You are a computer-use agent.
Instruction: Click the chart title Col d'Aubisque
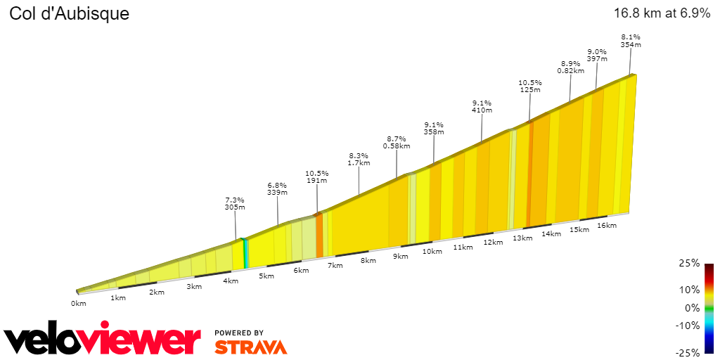[x=69, y=13]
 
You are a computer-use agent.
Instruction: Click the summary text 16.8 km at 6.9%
[x=662, y=13]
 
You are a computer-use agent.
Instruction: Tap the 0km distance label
[x=78, y=303]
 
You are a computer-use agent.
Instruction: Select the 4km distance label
[x=231, y=281]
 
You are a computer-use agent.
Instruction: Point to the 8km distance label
[x=368, y=260]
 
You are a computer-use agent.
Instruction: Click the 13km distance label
[x=522, y=238]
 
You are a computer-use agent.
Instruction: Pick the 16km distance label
[x=606, y=225]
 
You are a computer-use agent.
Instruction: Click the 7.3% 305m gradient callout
[x=235, y=203]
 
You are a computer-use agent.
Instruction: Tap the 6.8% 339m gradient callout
[x=277, y=189]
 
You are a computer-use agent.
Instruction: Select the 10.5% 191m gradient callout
[x=316, y=176]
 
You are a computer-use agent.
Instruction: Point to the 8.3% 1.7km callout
[x=359, y=159]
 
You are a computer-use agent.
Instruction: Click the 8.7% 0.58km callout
[x=396, y=142]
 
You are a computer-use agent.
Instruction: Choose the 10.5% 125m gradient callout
[x=529, y=86]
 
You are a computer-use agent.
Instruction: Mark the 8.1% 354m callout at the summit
[x=630, y=41]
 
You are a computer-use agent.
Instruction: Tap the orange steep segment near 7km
[x=319, y=236]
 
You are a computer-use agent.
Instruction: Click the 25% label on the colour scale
[x=690, y=263]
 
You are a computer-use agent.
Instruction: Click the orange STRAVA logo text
[x=250, y=347]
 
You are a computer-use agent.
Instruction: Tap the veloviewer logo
[x=102, y=340]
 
